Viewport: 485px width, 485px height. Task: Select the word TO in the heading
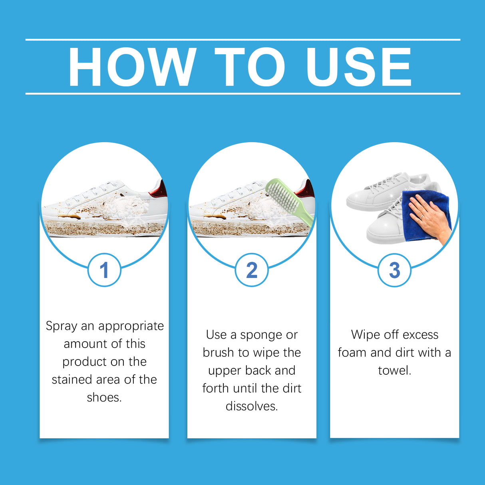pyautogui.click(x=250, y=67)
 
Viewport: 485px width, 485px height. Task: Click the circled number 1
pyautogui.click(x=104, y=270)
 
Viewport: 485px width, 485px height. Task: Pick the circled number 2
pyautogui.click(x=252, y=270)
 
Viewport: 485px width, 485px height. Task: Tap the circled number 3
pyautogui.click(x=394, y=270)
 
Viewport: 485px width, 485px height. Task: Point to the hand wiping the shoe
pyautogui.click(x=429, y=216)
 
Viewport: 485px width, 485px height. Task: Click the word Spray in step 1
pyautogui.click(x=62, y=326)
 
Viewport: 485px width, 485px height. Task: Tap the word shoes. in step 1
pyautogui.click(x=104, y=398)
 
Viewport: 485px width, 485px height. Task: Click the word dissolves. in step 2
pyautogui.click(x=252, y=406)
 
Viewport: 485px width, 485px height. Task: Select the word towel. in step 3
pyautogui.click(x=394, y=370)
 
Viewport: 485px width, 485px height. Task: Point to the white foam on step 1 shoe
pyautogui.click(x=124, y=208)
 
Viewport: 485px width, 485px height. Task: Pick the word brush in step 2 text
pyautogui.click(x=218, y=353)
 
